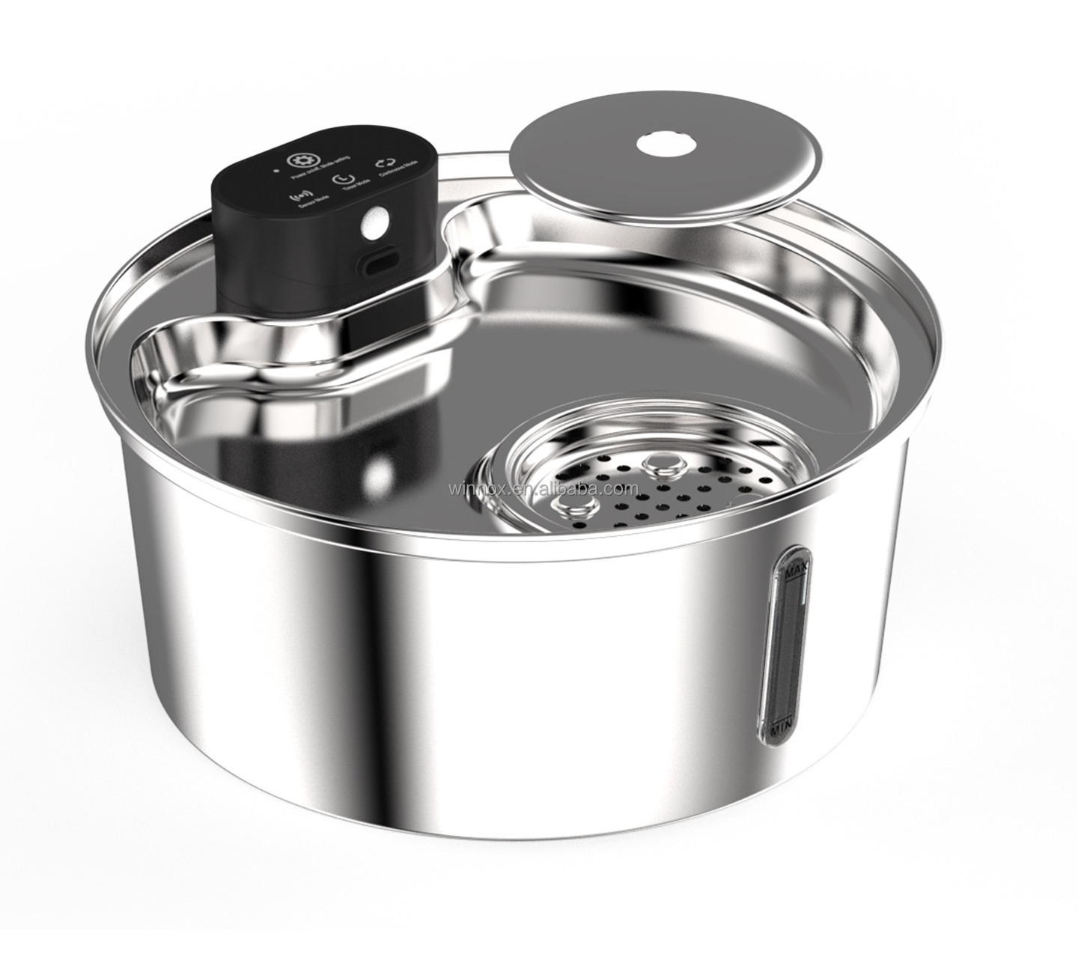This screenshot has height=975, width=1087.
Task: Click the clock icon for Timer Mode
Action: [x=343, y=180]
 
